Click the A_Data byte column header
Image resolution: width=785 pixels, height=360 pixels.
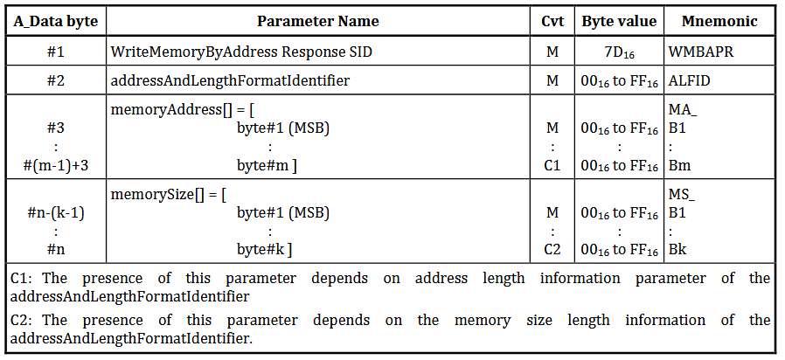[56, 21]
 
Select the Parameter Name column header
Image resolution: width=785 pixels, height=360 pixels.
[318, 21]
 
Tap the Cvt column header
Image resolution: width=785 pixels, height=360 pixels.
[552, 21]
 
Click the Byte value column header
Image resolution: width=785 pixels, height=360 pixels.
[619, 21]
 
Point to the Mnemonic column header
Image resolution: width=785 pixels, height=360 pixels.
[719, 21]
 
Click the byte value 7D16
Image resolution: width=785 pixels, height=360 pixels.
[619, 52]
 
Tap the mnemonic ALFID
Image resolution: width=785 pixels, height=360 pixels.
[690, 80]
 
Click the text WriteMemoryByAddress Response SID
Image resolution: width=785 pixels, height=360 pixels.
[241, 52]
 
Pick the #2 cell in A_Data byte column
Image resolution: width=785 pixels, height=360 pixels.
[56, 80]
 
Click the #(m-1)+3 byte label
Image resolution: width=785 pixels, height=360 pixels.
[56, 166]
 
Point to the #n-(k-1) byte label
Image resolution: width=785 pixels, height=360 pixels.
[56, 213]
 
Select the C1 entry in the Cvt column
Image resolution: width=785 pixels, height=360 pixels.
[552, 166]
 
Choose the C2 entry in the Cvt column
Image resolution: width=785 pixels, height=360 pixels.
[552, 249]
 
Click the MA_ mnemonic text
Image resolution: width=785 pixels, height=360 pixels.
[683, 109]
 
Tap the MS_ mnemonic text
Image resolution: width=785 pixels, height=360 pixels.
[682, 194]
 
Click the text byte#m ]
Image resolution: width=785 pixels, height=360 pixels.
[267, 166]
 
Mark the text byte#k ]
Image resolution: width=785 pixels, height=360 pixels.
[265, 249]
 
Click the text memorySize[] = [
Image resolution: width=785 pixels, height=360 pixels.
[168, 194]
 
